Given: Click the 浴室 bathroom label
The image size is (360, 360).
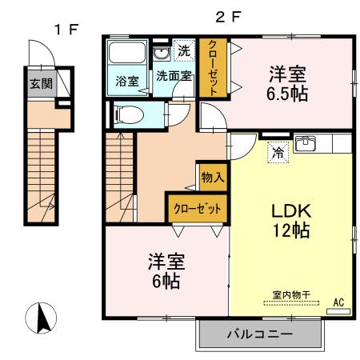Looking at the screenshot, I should (x=126, y=82).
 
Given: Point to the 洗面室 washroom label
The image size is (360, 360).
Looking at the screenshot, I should (x=173, y=77).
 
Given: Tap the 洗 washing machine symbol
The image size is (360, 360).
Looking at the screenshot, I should (x=184, y=50).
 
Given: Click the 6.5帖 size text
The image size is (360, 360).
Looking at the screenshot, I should (x=287, y=92).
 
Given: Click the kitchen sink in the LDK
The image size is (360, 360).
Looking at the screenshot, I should (x=306, y=145).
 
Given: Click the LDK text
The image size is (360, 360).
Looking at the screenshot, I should (x=289, y=212).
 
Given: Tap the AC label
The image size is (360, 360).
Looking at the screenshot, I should (x=338, y=302).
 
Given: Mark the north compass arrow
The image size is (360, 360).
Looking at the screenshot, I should (x=45, y=319).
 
